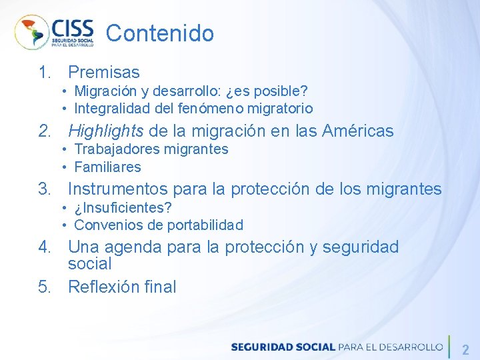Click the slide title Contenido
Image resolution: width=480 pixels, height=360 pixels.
tap(160, 33)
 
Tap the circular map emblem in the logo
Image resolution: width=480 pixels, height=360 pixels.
tap(31, 32)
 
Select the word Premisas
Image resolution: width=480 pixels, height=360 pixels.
tap(104, 72)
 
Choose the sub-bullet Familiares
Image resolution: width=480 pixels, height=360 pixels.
tap(107, 167)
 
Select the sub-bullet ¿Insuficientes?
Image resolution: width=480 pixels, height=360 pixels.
tap(123, 208)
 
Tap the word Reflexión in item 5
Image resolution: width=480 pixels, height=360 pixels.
tap(102, 287)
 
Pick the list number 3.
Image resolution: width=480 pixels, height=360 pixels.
tap(44, 189)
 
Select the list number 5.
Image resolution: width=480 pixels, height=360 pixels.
tap(44, 287)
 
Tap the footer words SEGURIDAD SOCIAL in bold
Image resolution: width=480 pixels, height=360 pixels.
tap(283, 347)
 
